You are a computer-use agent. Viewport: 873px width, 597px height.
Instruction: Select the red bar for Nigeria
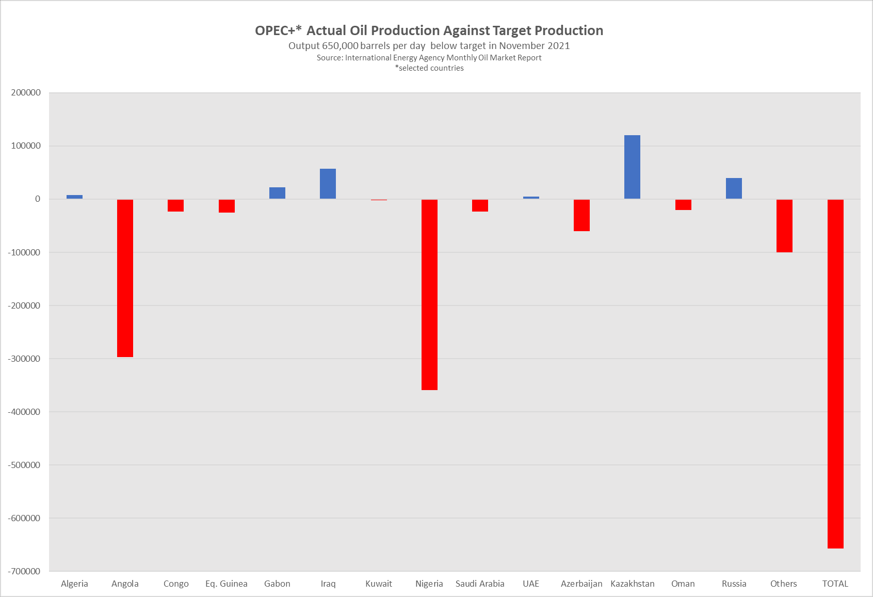click(x=429, y=294)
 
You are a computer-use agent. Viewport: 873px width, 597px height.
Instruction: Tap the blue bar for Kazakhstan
click(x=632, y=167)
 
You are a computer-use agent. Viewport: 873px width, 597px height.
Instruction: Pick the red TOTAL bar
click(x=835, y=374)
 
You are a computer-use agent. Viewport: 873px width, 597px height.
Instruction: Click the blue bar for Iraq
click(x=328, y=184)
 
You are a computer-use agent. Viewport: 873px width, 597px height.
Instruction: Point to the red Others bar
click(x=784, y=225)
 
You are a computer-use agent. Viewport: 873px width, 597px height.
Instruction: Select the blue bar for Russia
click(x=734, y=188)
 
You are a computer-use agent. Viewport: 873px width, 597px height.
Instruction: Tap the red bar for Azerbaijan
click(x=581, y=215)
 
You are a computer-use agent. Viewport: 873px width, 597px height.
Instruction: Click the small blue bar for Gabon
click(x=277, y=193)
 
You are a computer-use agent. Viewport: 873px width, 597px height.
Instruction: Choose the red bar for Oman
click(x=683, y=205)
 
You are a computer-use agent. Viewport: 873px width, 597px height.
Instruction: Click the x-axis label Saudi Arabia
click(x=480, y=584)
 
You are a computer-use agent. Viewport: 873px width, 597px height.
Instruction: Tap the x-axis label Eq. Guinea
click(x=227, y=584)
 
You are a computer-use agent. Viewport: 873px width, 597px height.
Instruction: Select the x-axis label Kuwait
click(x=379, y=584)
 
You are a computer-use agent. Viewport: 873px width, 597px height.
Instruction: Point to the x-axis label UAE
click(x=531, y=584)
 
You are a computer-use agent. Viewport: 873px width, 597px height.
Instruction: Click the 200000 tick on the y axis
click(x=26, y=93)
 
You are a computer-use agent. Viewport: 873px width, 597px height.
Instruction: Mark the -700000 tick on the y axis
click(x=24, y=571)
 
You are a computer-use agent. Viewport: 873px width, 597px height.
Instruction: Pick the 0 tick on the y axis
click(x=37, y=199)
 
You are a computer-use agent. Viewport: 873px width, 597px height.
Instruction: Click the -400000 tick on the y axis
click(x=24, y=412)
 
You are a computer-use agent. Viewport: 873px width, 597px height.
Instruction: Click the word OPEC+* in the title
click(x=278, y=30)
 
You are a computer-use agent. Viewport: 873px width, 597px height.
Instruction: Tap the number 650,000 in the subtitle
click(x=340, y=45)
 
